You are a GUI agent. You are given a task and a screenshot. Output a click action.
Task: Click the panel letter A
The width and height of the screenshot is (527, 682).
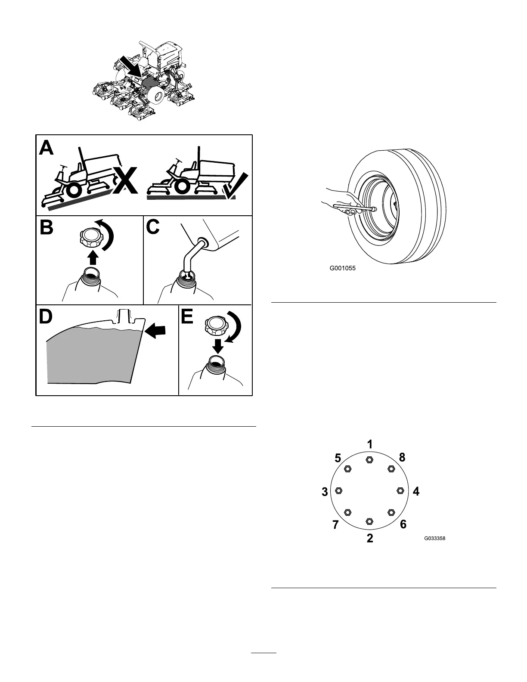point(46,149)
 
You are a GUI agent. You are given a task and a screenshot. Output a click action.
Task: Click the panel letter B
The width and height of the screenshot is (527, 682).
point(46,228)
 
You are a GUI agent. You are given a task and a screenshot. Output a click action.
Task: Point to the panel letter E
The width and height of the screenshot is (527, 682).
point(187,316)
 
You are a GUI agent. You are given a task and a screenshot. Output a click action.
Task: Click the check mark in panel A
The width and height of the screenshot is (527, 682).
point(236,186)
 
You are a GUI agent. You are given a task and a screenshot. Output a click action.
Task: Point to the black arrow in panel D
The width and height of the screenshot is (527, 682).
point(155,331)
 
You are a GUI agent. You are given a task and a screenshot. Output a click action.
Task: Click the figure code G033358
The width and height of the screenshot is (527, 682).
point(434,538)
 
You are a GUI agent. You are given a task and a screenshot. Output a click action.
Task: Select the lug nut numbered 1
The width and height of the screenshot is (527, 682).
point(369,460)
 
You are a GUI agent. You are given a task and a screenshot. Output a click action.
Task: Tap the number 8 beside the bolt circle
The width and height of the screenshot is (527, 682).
point(402,458)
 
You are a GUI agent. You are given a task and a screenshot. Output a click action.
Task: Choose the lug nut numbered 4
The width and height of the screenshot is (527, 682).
point(400,490)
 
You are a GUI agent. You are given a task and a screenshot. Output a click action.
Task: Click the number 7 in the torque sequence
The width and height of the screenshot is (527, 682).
point(336,524)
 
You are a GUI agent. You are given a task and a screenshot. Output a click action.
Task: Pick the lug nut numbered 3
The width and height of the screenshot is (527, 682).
point(338,490)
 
